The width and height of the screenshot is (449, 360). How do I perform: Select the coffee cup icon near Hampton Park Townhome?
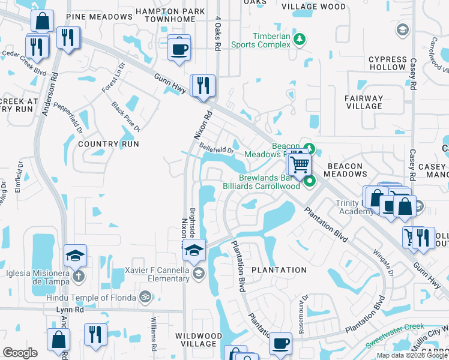(178, 47)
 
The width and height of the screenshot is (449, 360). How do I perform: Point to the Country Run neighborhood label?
(109, 144)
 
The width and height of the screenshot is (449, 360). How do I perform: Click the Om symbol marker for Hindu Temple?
(144, 296)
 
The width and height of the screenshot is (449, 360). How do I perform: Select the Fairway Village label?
(364, 102)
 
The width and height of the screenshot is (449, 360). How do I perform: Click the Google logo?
(20, 353)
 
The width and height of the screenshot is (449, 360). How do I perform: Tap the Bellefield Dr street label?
(216, 149)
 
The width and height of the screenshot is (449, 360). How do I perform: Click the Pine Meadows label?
(100, 17)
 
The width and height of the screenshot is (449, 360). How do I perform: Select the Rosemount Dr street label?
(305, 307)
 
